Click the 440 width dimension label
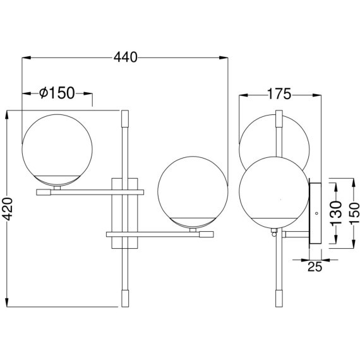(126, 57)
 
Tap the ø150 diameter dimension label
(57, 93)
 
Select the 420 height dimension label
(8, 208)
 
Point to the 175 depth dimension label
(279, 93)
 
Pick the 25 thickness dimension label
(315, 267)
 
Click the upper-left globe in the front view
(57, 150)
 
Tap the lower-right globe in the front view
(193, 192)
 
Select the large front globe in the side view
(274, 192)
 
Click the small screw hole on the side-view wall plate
(317, 213)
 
